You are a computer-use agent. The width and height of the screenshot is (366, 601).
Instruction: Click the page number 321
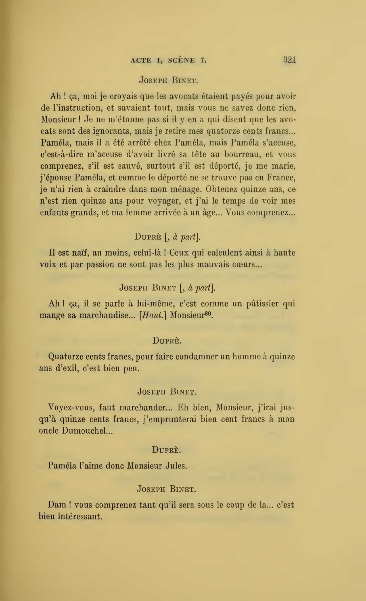[289, 60]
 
